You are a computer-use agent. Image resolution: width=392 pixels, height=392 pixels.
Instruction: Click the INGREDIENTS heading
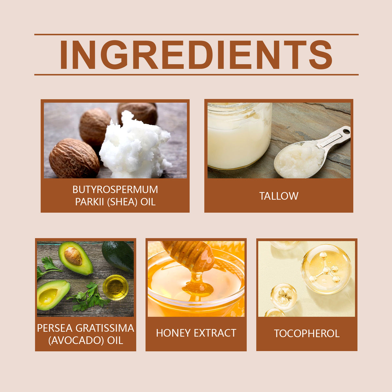tap(196, 55)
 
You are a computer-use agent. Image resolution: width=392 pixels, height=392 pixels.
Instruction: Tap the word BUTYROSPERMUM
tap(115, 190)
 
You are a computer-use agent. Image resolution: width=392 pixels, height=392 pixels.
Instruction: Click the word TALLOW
tap(279, 196)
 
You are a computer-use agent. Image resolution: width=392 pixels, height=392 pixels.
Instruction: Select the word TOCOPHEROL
tap(307, 333)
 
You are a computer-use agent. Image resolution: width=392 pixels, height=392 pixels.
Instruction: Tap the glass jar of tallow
tap(239, 136)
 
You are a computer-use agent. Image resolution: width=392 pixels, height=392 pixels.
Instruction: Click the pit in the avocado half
tap(73, 256)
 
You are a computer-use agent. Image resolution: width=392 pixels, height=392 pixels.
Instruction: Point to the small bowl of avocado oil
tap(115, 287)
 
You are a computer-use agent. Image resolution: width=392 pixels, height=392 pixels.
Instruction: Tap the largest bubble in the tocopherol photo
tap(326, 269)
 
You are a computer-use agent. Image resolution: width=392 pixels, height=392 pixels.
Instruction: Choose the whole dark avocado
tap(118, 255)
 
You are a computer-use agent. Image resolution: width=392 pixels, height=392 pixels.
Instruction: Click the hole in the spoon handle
tap(346, 131)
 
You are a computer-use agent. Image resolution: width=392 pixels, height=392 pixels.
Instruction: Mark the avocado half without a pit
tap(52, 294)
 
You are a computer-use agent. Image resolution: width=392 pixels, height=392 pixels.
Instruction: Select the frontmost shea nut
tap(74, 159)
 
